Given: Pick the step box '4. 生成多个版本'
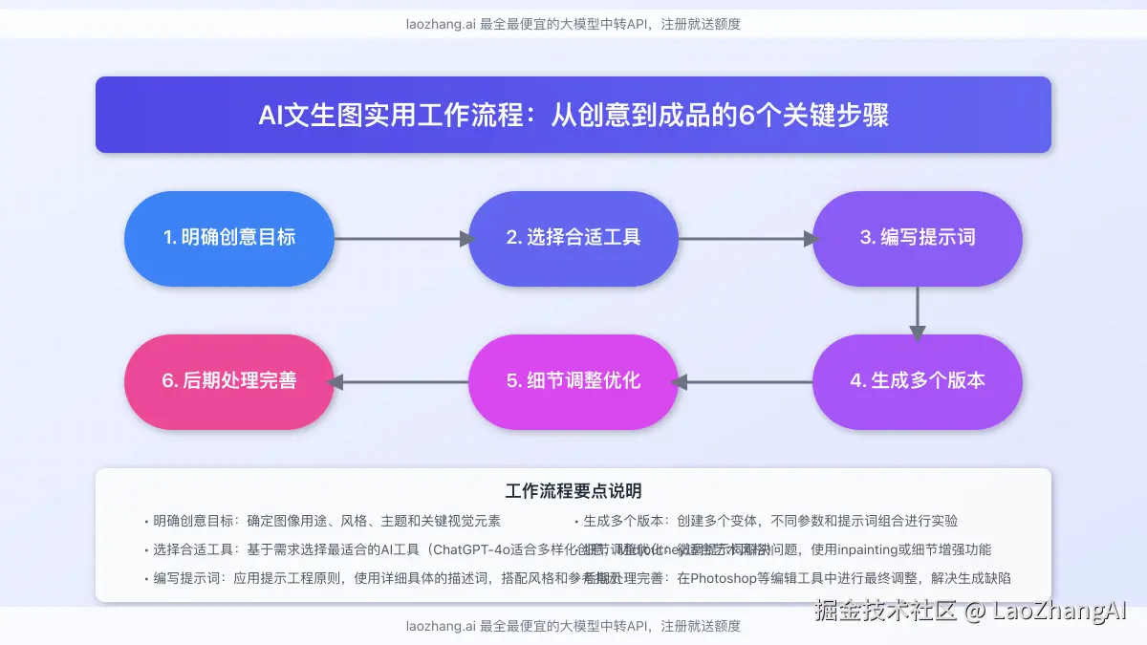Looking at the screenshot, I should [x=918, y=381].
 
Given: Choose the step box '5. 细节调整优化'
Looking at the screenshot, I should [x=573, y=381].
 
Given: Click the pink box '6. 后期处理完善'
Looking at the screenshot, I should [x=229, y=381].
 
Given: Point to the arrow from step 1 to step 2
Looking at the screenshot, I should [x=401, y=239].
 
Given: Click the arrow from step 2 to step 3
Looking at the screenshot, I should [x=746, y=239].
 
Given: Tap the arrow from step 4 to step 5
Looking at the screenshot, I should [x=746, y=382].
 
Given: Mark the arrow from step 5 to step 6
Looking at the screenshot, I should [x=401, y=382].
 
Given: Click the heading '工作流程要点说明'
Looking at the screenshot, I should [x=573, y=492].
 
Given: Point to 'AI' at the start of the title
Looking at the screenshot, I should [x=271, y=116].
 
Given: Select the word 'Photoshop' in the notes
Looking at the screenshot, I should [x=725, y=578].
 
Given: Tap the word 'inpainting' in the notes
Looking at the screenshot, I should [x=870, y=549].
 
